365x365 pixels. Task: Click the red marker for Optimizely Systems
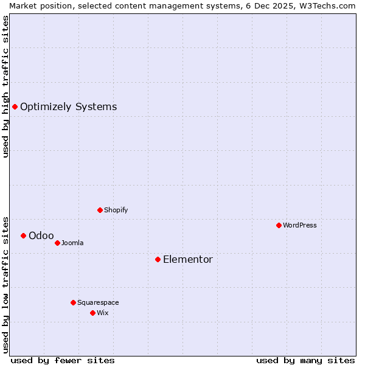(x=15, y=107)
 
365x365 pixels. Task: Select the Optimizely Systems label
(x=68, y=107)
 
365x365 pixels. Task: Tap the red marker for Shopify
(x=100, y=210)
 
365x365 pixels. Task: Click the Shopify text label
(x=116, y=210)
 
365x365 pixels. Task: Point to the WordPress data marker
(x=279, y=226)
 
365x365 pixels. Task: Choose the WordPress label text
(x=299, y=226)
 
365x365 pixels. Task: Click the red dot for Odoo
(x=23, y=236)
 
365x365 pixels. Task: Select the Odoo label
(x=41, y=236)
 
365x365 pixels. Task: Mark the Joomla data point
(x=57, y=243)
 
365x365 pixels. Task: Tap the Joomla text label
(x=72, y=243)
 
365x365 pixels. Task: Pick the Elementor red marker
(x=158, y=260)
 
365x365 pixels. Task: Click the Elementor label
(x=187, y=260)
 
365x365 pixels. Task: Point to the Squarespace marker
(x=73, y=303)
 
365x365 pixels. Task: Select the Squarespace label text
(x=98, y=303)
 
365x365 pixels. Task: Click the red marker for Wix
(x=92, y=313)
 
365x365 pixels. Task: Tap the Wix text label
(x=102, y=313)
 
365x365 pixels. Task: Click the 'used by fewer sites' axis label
(x=63, y=361)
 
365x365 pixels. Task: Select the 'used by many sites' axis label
(x=305, y=361)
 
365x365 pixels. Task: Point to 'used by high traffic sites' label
(x=5, y=86)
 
